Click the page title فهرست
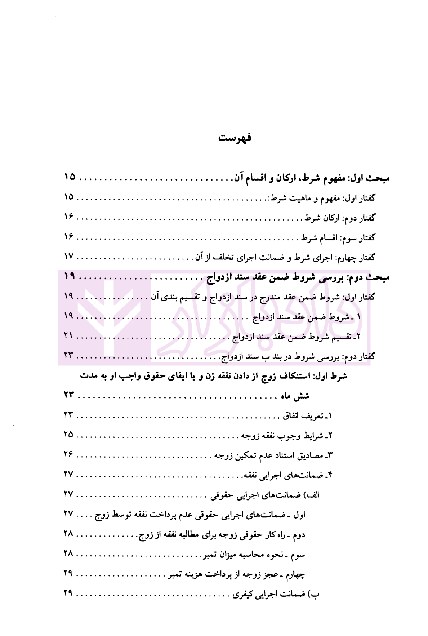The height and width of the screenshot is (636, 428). tap(235, 138)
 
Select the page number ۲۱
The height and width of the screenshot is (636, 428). tap(68, 336)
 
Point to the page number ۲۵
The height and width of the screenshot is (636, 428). tap(68, 435)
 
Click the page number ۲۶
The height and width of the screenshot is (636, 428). tap(68, 454)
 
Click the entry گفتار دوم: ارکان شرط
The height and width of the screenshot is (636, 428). tap(340, 218)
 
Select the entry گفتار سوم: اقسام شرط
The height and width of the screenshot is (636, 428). tap(339, 237)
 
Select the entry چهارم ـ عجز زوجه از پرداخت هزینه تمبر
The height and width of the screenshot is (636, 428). tap(236, 574)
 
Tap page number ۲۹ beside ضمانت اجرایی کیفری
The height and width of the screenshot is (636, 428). tap(68, 593)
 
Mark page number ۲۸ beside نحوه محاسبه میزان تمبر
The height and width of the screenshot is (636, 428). tap(68, 553)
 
